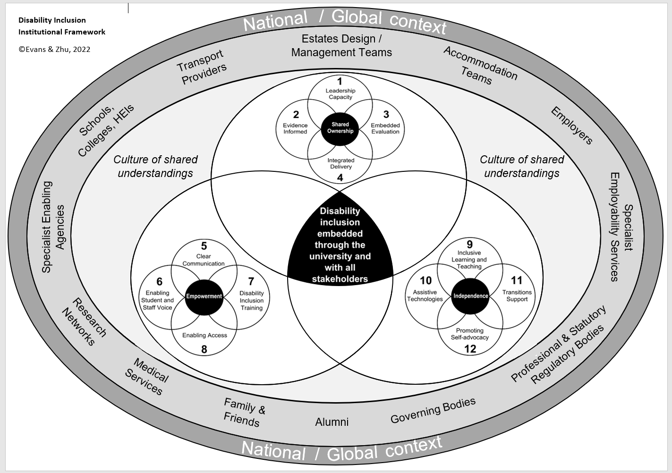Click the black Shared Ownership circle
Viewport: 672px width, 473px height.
[340, 128]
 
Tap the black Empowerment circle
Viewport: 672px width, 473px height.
[204, 296]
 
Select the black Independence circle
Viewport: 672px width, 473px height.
[470, 296]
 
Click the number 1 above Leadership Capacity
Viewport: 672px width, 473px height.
[340, 81]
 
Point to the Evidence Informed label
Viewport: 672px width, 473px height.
[295, 128]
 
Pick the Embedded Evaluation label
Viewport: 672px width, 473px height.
[385, 128]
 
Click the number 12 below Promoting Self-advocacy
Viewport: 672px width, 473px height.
[470, 349]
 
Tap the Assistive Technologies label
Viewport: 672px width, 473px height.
[425, 296]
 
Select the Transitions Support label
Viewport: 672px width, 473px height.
[517, 296]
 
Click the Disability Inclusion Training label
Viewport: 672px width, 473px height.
[251, 301]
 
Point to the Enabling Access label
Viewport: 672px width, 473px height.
[204, 335]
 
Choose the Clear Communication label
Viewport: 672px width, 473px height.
[204, 260]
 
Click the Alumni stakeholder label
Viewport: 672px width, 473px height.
[332, 422]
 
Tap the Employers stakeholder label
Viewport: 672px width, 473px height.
[572, 125]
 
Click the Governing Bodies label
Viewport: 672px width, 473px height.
[433, 410]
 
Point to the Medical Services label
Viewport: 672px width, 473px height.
[147, 377]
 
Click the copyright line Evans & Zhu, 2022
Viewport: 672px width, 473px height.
[54, 49]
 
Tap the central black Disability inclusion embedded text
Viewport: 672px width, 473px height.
[340, 245]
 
